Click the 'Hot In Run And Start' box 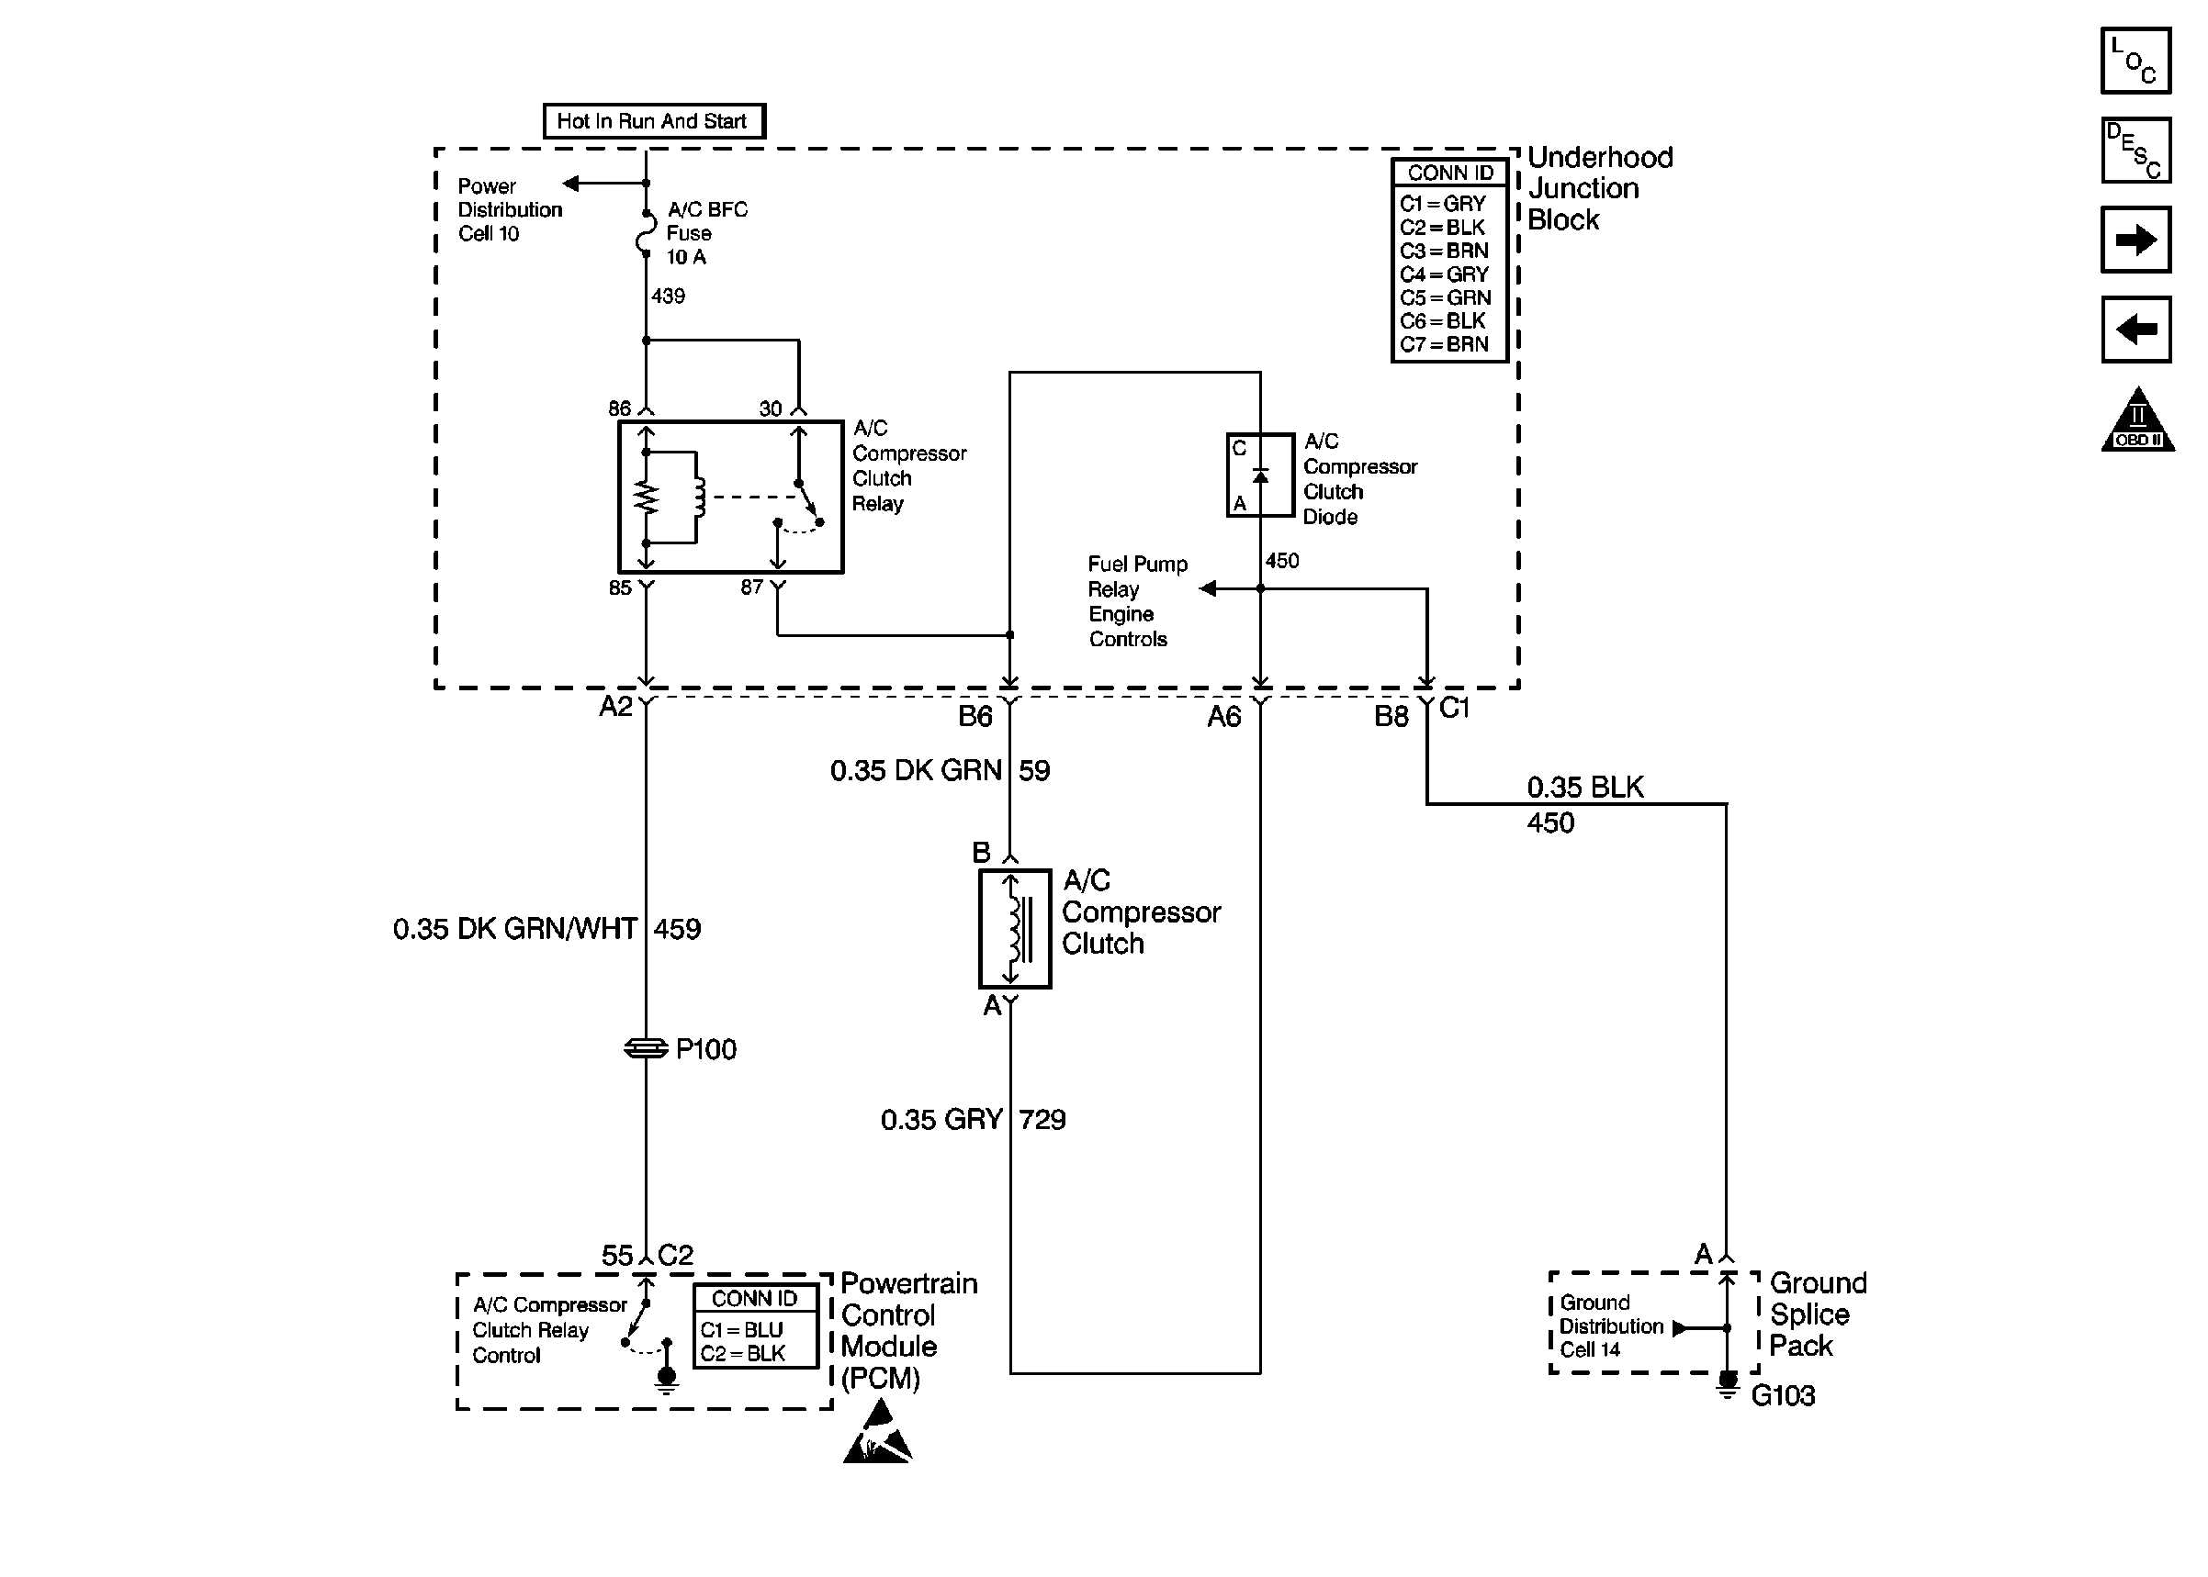(x=654, y=121)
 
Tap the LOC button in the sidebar (x=2135, y=61)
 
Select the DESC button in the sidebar (x=2135, y=151)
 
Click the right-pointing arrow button (x=2135, y=240)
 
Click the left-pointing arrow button (x=2135, y=330)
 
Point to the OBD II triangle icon (x=2137, y=419)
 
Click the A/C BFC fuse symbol (x=646, y=233)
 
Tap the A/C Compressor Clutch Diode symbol (x=1260, y=475)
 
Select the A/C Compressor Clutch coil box (x=1014, y=928)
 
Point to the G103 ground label (x=1783, y=1395)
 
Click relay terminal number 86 (x=620, y=408)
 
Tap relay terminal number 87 (x=751, y=587)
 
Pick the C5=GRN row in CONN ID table (x=1446, y=298)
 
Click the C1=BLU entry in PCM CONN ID (x=741, y=1329)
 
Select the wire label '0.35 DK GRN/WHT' (x=515, y=929)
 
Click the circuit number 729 (x=1042, y=1120)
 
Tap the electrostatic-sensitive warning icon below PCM (x=877, y=1434)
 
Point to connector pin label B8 (x=1391, y=717)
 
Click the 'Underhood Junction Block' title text (x=1600, y=188)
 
